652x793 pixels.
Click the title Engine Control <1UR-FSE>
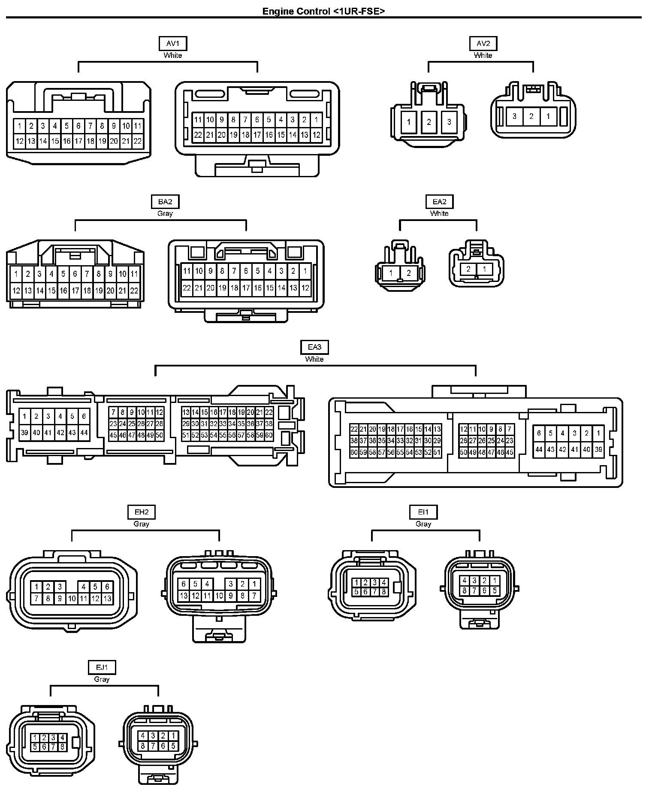tap(323, 11)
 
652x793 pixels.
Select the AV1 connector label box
tap(173, 43)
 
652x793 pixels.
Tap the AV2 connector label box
tap(483, 43)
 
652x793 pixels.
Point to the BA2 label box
tap(165, 202)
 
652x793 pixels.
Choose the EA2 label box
tap(439, 202)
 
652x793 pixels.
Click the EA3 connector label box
tap(314, 347)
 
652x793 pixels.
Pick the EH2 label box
tap(142, 512)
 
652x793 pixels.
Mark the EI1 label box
tap(423, 512)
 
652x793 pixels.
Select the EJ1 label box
tap(102, 667)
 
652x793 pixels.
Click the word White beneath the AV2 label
tap(483, 55)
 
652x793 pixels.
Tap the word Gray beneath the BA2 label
tap(165, 213)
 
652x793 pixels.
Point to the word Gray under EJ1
tap(102, 679)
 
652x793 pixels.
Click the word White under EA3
tap(314, 359)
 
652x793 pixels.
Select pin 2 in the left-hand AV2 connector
tap(429, 122)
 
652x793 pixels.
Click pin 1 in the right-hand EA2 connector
tap(485, 269)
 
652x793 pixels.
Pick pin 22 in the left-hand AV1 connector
tap(138, 141)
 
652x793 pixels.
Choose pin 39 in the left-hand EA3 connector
tap(24, 433)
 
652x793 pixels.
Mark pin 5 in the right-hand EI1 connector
tap(495, 590)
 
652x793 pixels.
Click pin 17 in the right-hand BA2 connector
tap(246, 288)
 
